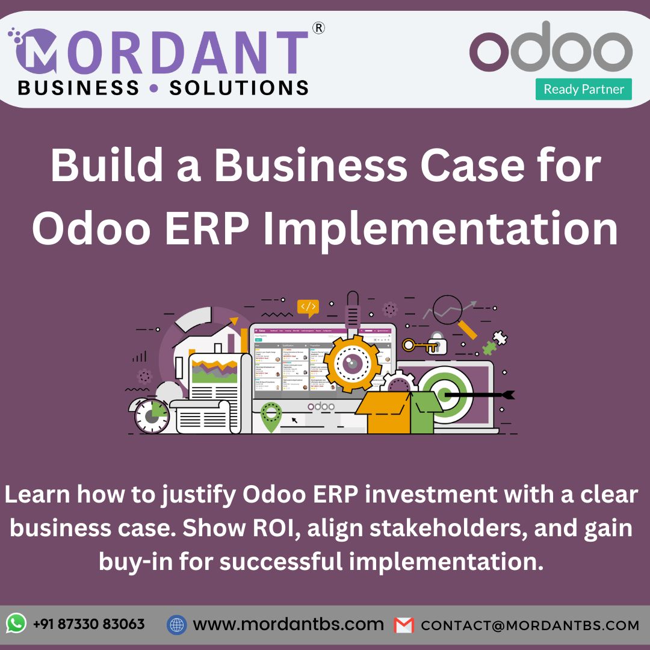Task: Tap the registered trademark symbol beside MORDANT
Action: [319, 28]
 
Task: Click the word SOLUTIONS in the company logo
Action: [239, 87]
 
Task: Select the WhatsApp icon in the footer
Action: [16, 624]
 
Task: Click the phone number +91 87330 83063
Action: [88, 624]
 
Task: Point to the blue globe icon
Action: [176, 625]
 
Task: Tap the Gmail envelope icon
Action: [404, 625]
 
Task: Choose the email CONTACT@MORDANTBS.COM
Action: [530, 625]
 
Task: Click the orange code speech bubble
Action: [308, 308]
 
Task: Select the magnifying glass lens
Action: [447, 309]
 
